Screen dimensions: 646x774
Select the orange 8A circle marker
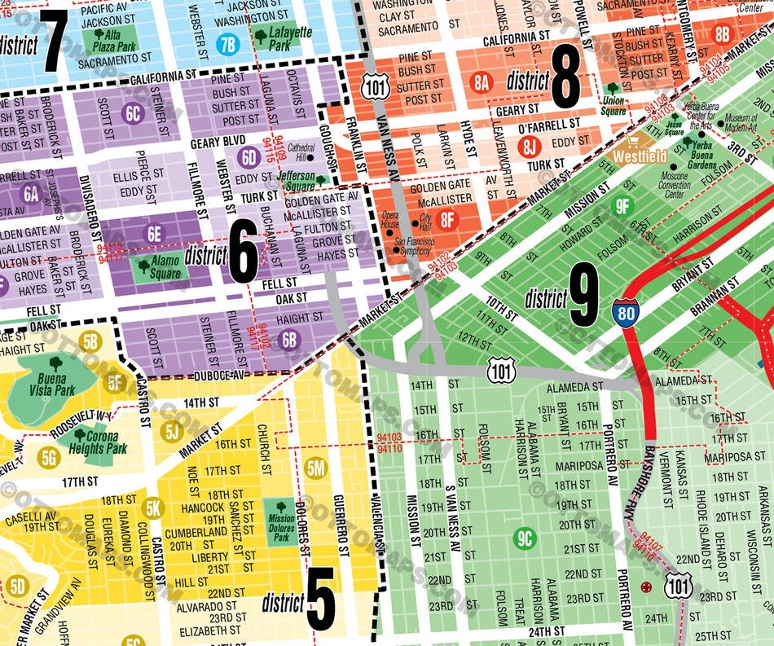pos(482,81)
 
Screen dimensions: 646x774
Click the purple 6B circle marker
pos(288,339)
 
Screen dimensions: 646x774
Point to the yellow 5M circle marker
pos(316,468)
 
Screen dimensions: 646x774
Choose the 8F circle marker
pos(447,219)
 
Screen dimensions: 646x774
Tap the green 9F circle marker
pos(622,205)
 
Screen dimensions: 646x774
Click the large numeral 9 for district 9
pos(584,299)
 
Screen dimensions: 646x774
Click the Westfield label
pos(640,156)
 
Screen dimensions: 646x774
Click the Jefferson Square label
pos(295,179)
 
